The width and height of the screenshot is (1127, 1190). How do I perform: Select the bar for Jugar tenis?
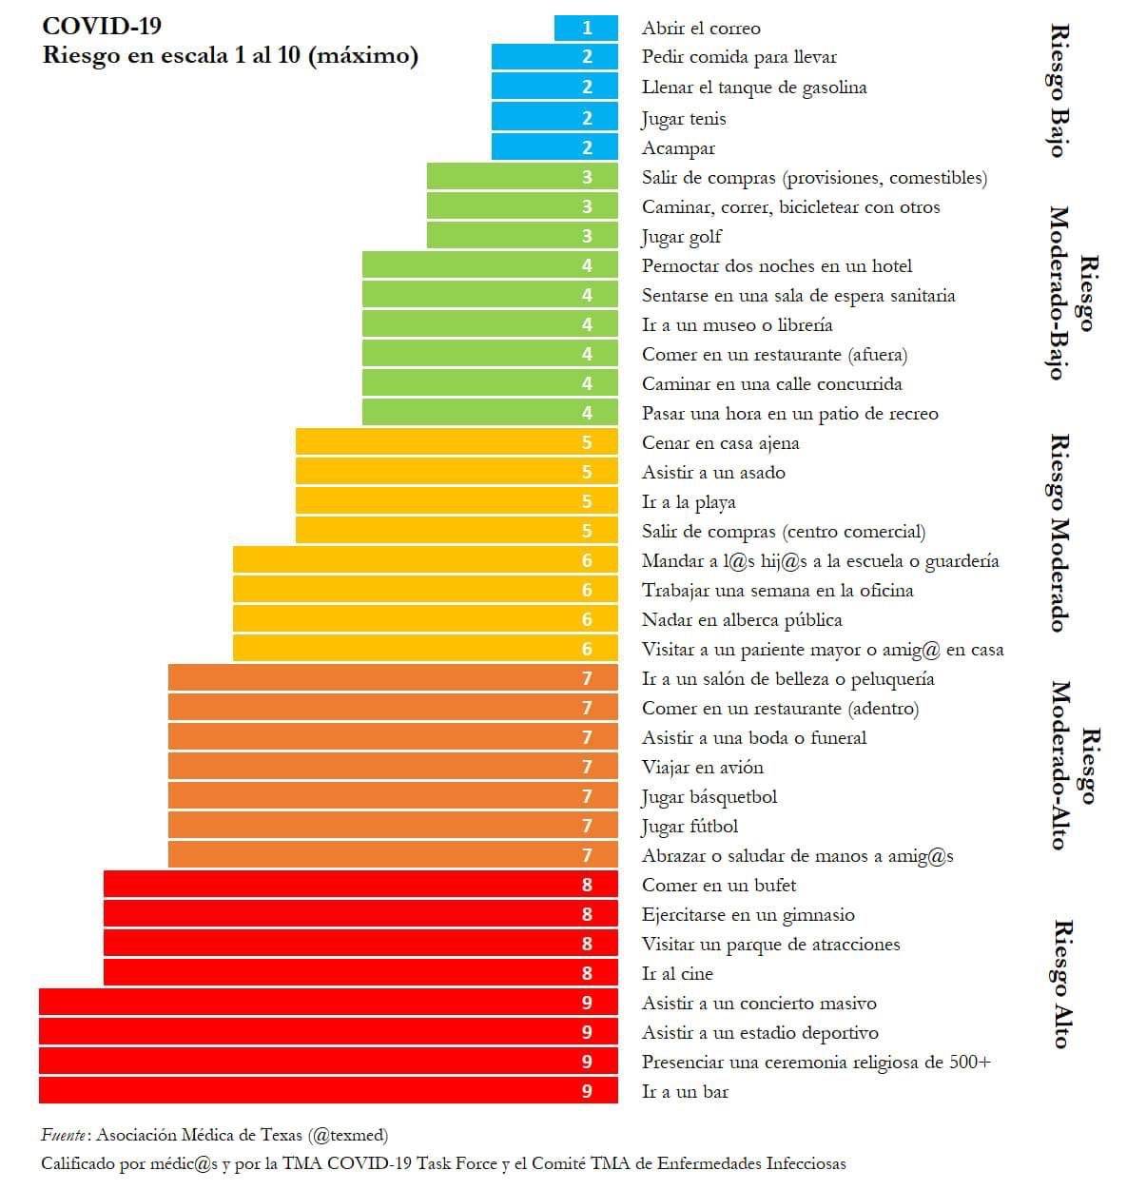pos(554,117)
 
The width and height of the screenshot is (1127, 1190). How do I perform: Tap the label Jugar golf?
pos(681,237)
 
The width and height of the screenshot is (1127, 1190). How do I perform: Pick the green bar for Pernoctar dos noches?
pos(490,265)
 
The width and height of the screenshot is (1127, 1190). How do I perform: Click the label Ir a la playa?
pos(688,502)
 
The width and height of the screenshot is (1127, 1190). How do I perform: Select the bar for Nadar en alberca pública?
pos(425,619)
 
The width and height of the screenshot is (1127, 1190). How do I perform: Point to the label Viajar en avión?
pos(702,768)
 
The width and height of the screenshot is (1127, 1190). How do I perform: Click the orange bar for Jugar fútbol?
pos(393,826)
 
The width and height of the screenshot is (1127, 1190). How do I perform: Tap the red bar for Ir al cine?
pos(360,973)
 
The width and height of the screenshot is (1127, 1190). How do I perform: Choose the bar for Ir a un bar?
pos(328,1091)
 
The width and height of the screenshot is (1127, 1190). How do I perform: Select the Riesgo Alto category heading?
pos(1061,984)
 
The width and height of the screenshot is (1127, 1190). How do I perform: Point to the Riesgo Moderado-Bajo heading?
pos(1071,293)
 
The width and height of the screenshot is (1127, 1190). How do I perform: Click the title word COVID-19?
pos(102,26)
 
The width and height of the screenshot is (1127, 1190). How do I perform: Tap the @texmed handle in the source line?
pos(347,1135)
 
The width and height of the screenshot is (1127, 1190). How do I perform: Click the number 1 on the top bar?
pos(587,29)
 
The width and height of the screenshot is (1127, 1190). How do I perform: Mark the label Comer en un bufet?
pos(718,886)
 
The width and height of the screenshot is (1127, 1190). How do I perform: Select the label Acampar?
pos(678,148)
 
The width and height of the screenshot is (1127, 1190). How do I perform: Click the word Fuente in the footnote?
pos(65,1135)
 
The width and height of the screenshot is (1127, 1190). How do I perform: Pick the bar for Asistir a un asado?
pos(457,472)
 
